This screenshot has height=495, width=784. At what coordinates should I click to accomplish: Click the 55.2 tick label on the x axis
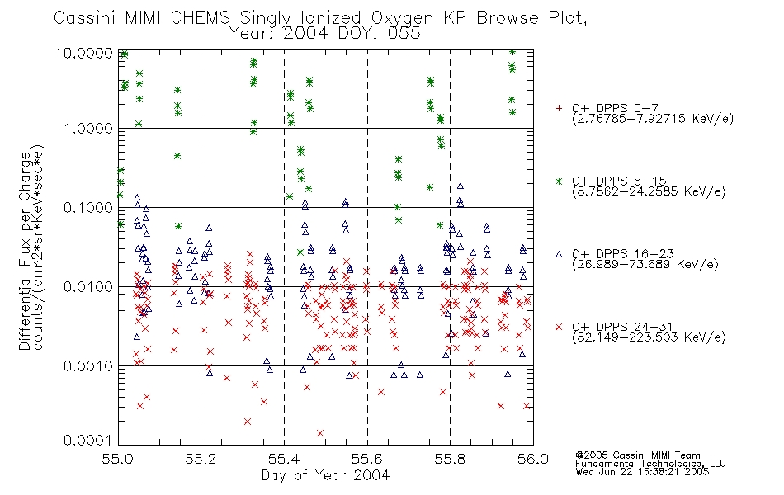(x=201, y=459)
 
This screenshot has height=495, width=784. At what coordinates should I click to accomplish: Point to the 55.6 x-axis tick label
(x=367, y=459)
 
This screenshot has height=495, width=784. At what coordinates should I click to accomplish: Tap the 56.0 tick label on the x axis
(x=533, y=459)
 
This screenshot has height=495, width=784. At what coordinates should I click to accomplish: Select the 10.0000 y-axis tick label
(x=84, y=54)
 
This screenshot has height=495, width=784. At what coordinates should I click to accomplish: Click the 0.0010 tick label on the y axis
(x=88, y=366)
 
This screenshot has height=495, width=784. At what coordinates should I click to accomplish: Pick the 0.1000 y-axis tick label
(x=88, y=208)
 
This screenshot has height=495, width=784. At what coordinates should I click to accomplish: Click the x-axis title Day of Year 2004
(x=325, y=475)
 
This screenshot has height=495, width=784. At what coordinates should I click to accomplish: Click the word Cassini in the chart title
(x=84, y=18)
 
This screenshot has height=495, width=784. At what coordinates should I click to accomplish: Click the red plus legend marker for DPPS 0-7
(x=559, y=108)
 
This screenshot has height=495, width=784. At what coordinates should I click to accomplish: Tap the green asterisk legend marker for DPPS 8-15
(x=559, y=181)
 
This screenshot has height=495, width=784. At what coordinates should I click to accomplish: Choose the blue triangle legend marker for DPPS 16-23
(x=559, y=254)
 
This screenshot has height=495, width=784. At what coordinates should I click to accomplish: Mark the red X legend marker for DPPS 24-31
(x=559, y=327)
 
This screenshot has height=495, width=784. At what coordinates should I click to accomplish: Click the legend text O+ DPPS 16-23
(x=623, y=254)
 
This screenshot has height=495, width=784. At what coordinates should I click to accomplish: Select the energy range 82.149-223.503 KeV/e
(x=649, y=337)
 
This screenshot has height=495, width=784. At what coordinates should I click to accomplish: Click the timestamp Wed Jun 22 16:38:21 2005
(x=642, y=472)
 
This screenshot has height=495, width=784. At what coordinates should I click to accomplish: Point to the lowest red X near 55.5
(x=320, y=433)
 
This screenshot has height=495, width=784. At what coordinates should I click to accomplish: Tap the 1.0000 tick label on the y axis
(x=88, y=129)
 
